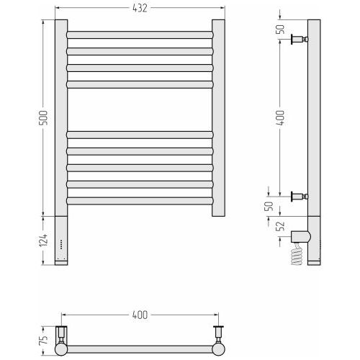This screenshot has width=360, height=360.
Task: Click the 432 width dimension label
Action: tap(140, 8)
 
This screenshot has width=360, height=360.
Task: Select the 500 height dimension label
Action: tap(44, 118)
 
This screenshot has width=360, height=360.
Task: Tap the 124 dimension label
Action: tap(44, 240)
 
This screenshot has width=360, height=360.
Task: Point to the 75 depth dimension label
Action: tap(43, 340)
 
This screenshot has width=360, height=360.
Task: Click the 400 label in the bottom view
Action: tap(140, 315)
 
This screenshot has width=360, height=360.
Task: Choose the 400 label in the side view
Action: tap(280, 117)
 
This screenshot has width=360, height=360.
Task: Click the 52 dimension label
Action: tap(280, 226)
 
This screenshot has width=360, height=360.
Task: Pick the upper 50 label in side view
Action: tap(280, 30)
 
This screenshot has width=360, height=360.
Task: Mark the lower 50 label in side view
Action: tap(269, 206)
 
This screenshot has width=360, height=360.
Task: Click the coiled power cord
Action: tap(297, 255)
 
